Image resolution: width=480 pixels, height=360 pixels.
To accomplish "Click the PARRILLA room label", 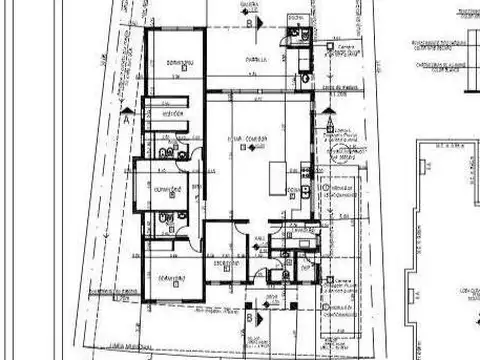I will click(257, 59).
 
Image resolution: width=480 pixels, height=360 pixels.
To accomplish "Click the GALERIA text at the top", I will click(250, 4).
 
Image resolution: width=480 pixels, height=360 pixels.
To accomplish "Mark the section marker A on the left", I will click(128, 115).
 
